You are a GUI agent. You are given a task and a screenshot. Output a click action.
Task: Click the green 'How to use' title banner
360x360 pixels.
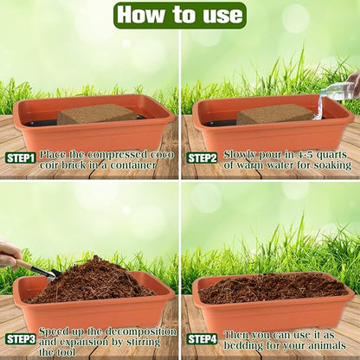point(180,15)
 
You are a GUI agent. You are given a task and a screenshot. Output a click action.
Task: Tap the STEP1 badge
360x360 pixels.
point(21,157)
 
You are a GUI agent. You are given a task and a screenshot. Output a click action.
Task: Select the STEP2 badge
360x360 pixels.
point(202,157)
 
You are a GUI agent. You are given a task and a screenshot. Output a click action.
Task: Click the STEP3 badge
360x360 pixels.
point(21,339)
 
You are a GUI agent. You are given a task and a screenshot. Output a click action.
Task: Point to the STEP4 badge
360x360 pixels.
point(202,339)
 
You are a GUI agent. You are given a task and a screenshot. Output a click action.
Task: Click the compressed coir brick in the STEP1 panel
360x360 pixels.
point(96,113)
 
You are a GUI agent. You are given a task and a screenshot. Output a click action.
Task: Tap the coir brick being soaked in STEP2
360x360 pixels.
point(275,113)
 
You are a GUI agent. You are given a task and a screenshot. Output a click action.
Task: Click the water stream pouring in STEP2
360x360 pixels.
point(319,106)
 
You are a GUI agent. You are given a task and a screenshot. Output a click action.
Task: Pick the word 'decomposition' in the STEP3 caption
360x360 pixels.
point(139,331)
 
